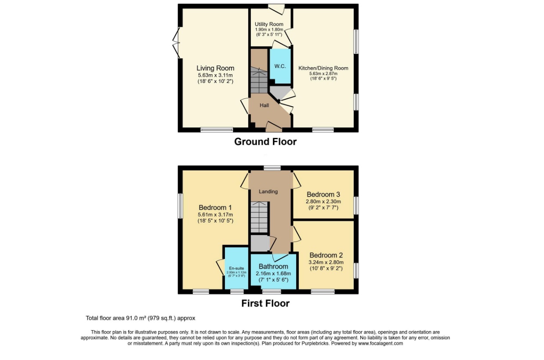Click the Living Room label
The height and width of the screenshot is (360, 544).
tap(215, 68)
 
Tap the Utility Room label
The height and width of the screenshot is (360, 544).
tap(269, 24)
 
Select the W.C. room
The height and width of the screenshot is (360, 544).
tap(280, 66)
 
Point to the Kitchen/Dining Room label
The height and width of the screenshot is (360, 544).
tap(323, 68)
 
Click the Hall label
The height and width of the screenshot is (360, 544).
tap(264, 105)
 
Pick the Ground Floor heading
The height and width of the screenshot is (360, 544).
tap(265, 142)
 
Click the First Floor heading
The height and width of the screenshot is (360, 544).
tap(265, 303)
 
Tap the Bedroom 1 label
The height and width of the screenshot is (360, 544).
tap(215, 208)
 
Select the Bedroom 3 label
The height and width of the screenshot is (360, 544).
tap(323, 194)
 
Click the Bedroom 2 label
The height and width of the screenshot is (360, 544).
tap(326, 255)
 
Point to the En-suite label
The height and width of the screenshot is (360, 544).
tap(236, 268)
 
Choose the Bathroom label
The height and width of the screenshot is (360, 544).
tap(273, 266)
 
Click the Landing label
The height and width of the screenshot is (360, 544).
tap(268, 191)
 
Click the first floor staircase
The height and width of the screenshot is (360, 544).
tap(259, 217)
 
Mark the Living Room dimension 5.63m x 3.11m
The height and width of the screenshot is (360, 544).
tap(215, 75)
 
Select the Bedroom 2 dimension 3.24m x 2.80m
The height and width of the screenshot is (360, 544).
tap(326, 262)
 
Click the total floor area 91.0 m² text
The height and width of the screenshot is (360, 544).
tap(140, 318)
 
